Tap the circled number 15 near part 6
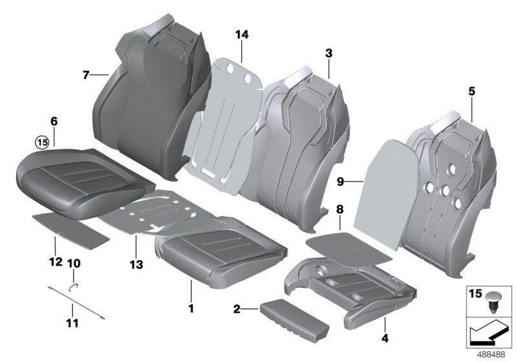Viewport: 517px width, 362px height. [x=42, y=142]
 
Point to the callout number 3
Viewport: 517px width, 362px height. [x=329, y=54]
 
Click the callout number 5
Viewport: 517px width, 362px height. [x=471, y=92]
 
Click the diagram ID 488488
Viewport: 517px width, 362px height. [x=493, y=355]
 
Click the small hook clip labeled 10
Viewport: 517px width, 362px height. [x=74, y=282]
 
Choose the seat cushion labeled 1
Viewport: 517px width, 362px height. [x=220, y=252]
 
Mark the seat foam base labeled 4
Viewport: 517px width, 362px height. [x=336, y=284]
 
